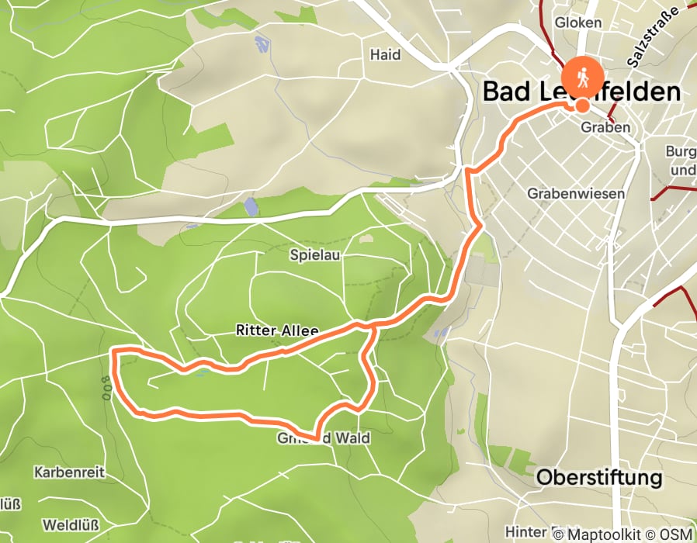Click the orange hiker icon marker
point(581,77)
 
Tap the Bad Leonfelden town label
point(581,92)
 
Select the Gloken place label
point(578,22)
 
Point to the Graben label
point(605,127)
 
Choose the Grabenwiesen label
point(575,193)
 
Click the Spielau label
point(315,254)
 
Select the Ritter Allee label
point(277,330)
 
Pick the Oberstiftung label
point(599,476)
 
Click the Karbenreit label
point(68,472)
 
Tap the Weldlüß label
point(71,525)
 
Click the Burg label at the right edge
point(681,151)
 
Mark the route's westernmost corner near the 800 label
point(114,353)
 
